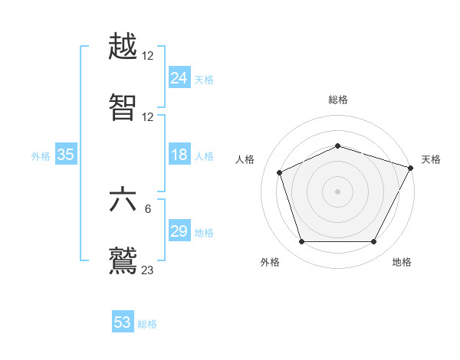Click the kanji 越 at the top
click(x=123, y=48)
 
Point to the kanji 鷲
click(x=123, y=259)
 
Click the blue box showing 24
click(x=179, y=77)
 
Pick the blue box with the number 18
click(x=179, y=155)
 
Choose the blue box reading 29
click(x=179, y=231)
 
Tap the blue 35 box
click(x=65, y=155)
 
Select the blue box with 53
click(x=123, y=322)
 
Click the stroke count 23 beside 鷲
click(x=148, y=269)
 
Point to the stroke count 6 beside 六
click(x=148, y=209)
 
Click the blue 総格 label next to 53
click(x=147, y=324)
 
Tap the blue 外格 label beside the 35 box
click(x=41, y=156)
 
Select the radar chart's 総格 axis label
click(x=338, y=100)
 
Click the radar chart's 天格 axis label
click(x=431, y=159)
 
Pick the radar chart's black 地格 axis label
click(x=402, y=262)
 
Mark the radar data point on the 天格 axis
click(x=411, y=168)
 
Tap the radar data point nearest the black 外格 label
click(x=302, y=242)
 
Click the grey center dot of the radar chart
click(x=338, y=191)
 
